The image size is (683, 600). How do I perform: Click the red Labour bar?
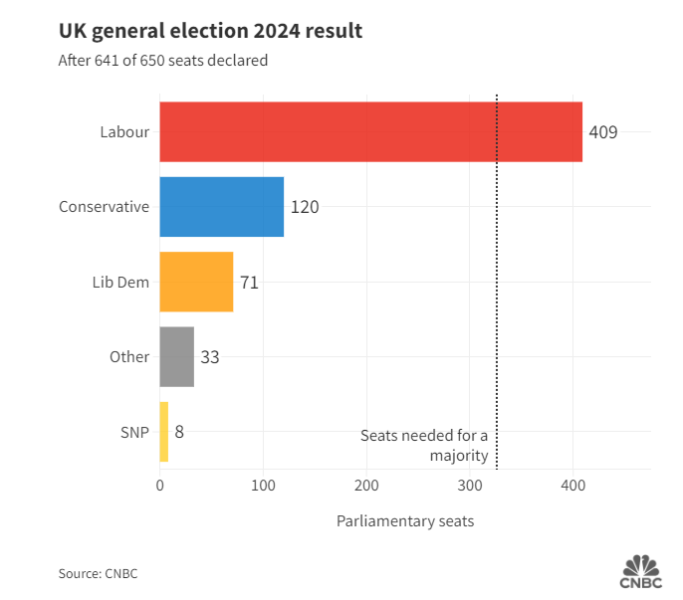click(370, 131)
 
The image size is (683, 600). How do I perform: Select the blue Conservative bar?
click(221, 207)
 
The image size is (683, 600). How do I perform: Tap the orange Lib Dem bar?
click(196, 282)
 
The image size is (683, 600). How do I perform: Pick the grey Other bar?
click(176, 356)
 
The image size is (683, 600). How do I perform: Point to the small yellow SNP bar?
click(164, 432)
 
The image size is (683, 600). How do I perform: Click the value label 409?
click(603, 131)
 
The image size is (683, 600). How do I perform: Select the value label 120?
click(305, 207)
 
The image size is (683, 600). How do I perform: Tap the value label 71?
click(249, 282)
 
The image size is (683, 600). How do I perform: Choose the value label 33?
click(210, 356)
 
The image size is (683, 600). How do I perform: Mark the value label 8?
click(180, 432)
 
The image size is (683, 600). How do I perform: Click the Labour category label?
click(124, 131)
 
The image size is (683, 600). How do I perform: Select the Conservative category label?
click(104, 207)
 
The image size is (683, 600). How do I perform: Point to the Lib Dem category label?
click(120, 282)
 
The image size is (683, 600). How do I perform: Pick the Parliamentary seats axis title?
click(405, 521)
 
